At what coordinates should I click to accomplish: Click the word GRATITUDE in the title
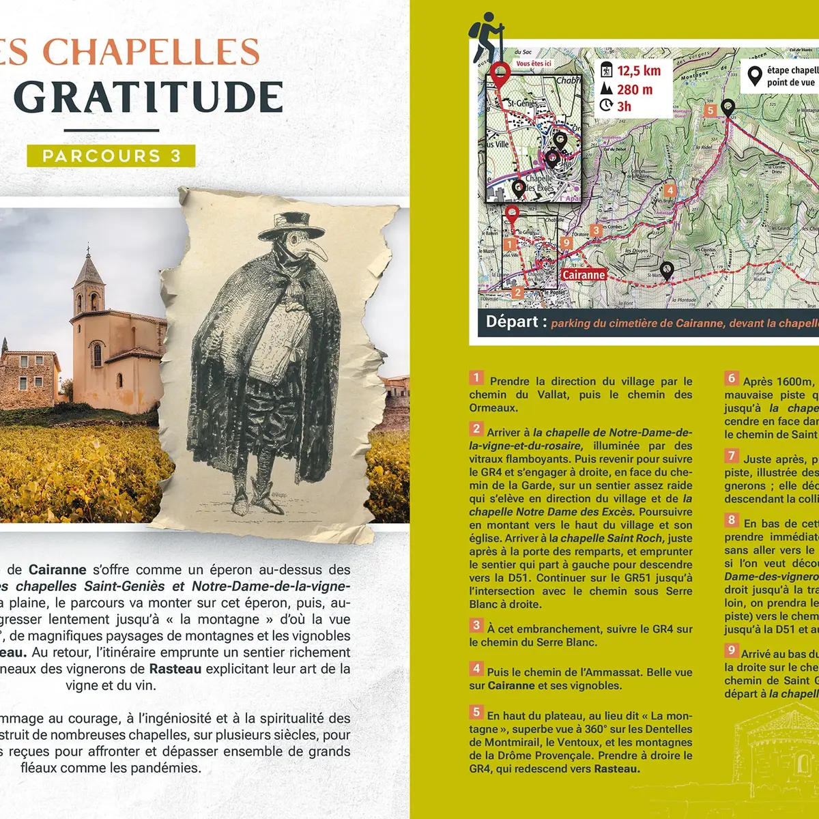(x=148, y=98)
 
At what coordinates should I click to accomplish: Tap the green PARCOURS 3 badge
(x=111, y=156)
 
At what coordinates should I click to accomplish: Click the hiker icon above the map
(x=487, y=37)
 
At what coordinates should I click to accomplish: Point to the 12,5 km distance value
(x=639, y=71)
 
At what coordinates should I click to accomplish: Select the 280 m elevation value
(x=635, y=89)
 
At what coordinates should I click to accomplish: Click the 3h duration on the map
(x=624, y=106)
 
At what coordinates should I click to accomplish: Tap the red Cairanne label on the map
(x=584, y=274)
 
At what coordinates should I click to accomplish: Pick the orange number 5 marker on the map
(x=710, y=111)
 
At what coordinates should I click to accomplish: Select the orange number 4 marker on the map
(x=670, y=190)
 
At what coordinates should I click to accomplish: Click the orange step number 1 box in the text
(x=476, y=377)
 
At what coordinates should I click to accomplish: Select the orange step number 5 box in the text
(x=476, y=712)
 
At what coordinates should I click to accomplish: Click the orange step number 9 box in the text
(x=732, y=650)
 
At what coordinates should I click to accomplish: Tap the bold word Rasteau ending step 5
(x=616, y=769)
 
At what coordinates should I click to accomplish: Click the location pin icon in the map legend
(x=754, y=76)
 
